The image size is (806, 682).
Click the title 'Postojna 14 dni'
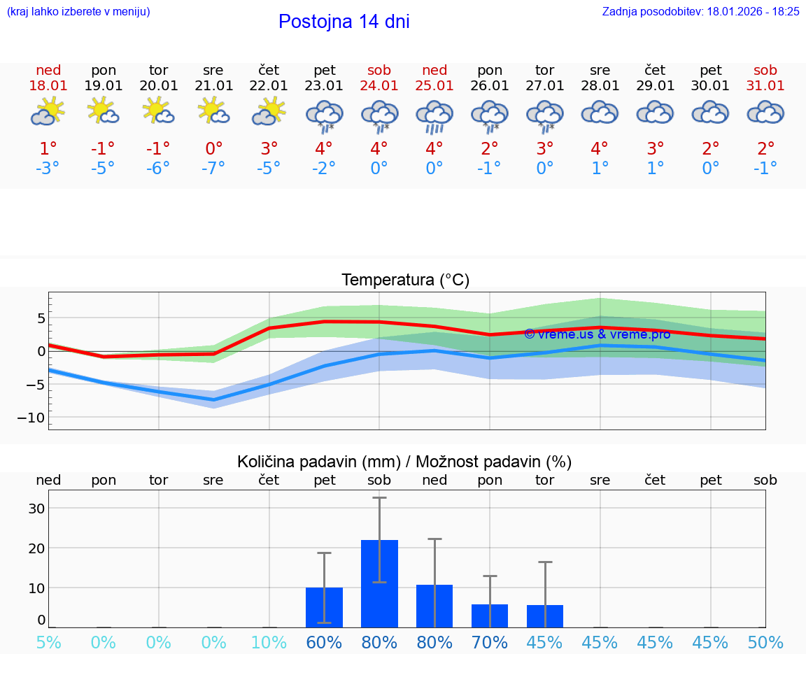click(x=344, y=22)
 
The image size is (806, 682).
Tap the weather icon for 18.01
click(x=48, y=112)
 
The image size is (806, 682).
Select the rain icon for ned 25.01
click(x=434, y=116)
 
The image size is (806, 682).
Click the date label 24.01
click(x=379, y=85)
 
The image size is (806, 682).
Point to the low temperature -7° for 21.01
click(x=213, y=168)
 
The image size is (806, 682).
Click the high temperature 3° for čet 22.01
click(x=269, y=148)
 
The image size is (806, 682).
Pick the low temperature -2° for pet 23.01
click(x=324, y=168)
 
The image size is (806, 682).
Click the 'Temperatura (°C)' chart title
click(x=405, y=280)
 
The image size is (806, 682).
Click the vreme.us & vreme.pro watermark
click(x=597, y=334)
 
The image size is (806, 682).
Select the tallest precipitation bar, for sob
click(x=379, y=583)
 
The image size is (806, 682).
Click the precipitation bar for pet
click(x=324, y=607)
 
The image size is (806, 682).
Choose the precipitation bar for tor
click(x=544, y=616)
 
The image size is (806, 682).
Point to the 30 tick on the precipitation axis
click(x=36, y=508)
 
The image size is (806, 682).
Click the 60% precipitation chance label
click(x=324, y=642)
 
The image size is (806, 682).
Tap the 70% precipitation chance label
click(x=490, y=642)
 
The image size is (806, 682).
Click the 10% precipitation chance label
click(x=269, y=642)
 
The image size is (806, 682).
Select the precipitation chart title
click(x=404, y=462)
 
